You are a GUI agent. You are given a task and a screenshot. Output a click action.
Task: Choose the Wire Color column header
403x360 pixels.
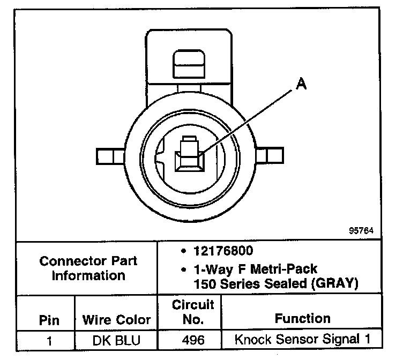[117, 320]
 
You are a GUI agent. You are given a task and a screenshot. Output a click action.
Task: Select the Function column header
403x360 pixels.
[303, 319]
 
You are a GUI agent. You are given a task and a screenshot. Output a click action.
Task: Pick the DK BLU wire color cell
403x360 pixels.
[117, 340]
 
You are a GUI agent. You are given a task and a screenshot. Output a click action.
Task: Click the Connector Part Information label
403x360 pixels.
[88, 268]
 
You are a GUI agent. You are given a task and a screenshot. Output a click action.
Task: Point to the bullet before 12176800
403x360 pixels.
[183, 251]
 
